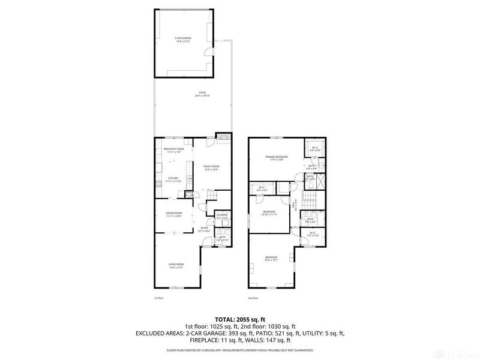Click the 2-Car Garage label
[183, 40]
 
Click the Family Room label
[211, 168]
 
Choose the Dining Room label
[174, 214]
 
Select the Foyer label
[205, 229]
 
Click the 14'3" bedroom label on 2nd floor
[272, 259]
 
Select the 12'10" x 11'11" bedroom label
[269, 213]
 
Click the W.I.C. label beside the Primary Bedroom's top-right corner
[314, 149]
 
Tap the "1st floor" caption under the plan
[159, 298]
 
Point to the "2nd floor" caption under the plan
[253, 298]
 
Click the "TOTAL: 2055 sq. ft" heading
[240, 319]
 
